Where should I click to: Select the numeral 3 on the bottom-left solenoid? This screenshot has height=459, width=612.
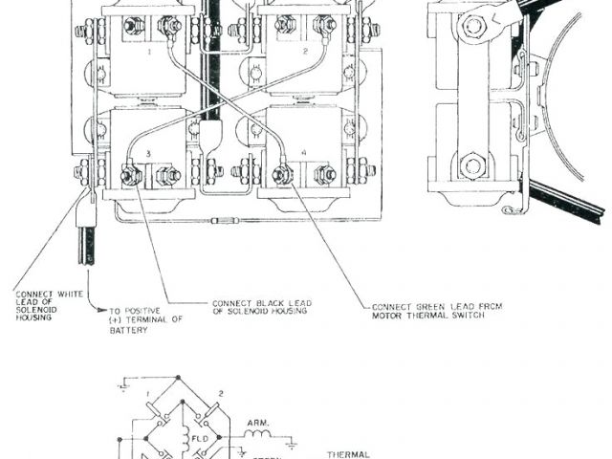147,153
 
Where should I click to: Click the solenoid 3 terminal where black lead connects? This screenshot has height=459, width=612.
130,174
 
